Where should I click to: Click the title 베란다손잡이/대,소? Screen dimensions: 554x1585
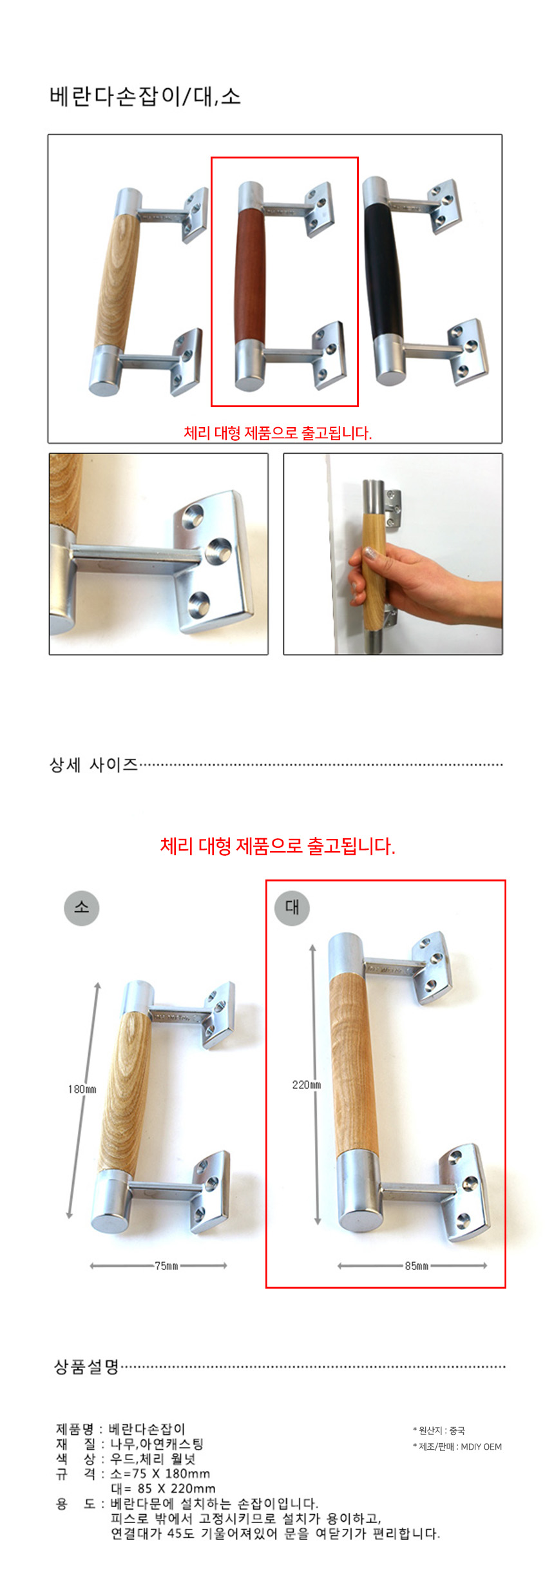pos(145,97)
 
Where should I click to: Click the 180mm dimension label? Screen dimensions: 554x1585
pos(82,1089)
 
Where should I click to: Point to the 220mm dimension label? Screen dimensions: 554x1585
pos(306,1084)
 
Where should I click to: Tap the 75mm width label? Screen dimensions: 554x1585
pos(166,1265)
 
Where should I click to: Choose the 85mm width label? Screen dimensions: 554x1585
pos(417,1265)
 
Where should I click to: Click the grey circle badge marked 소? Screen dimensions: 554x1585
pos(82,908)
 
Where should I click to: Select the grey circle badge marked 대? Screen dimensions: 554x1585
pos(292,908)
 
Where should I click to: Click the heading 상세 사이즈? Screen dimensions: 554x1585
pos(94,765)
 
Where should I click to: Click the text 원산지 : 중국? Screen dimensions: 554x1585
pos(439,1430)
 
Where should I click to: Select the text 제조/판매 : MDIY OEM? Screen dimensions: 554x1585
pos(457,1446)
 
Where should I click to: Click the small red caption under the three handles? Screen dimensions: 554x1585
pos(278,433)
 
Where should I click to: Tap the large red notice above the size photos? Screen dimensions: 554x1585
pos(278,846)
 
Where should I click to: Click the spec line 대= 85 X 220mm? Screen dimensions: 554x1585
pos(163,1488)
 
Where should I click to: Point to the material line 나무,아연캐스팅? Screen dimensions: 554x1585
pos(157,1444)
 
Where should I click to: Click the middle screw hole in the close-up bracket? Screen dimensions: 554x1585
pos(219,550)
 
